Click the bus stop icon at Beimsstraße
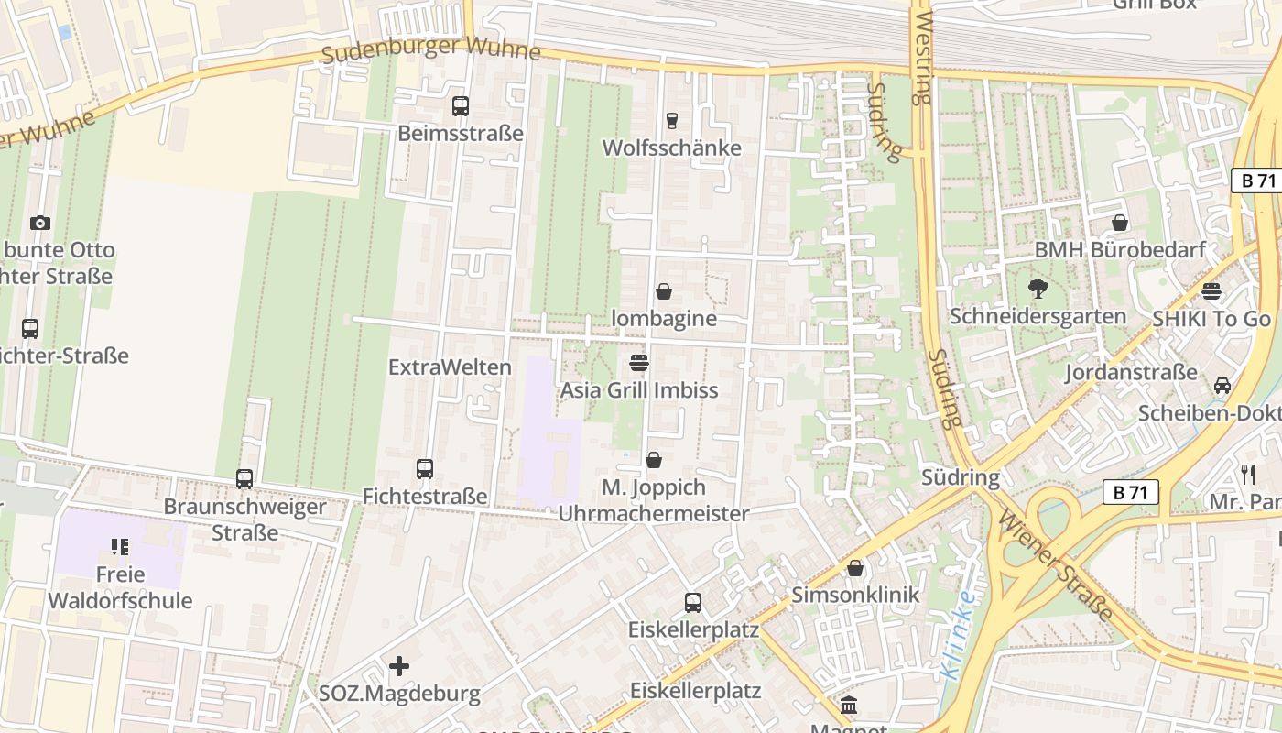[461, 106]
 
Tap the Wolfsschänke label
[671, 148]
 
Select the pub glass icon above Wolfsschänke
[671, 121]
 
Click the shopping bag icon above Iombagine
[664, 291]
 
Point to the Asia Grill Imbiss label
[639, 390]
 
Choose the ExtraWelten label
[450, 367]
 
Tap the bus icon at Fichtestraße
[424, 469]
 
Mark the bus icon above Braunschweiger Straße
[244, 478]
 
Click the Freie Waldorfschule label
[120, 587]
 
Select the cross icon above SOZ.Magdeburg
[399, 666]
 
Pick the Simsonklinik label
[854, 595]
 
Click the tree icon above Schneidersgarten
[1038, 289]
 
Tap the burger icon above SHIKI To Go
[1211, 291]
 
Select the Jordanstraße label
[1131, 372]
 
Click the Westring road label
[922, 52]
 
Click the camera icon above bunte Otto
[39, 223]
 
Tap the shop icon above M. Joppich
[654, 460]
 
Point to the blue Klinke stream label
[958, 634]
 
